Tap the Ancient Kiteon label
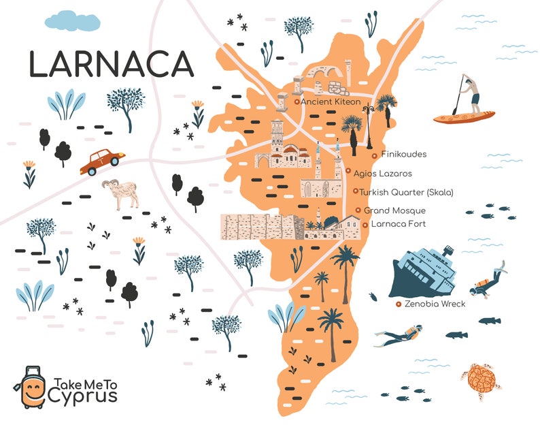tap(331, 101)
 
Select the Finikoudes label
tap(403, 155)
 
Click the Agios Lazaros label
tap(382, 173)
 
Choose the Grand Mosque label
tap(394, 210)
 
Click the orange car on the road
tap(102, 161)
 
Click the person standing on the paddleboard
tap(471, 95)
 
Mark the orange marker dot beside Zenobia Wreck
tap(398, 304)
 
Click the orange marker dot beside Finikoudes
tap(375, 155)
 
